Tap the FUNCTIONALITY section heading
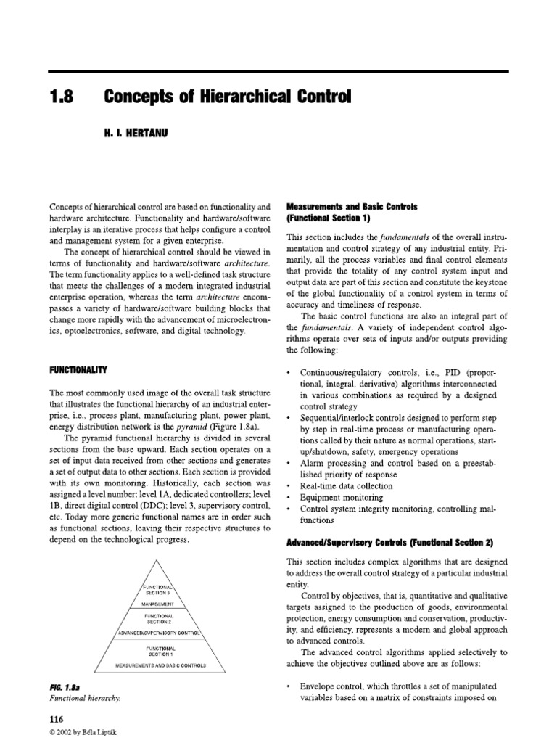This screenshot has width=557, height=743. coord(78,370)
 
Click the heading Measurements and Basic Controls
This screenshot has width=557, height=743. coord(352,207)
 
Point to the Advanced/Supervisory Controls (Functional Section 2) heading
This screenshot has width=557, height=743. coord(401,543)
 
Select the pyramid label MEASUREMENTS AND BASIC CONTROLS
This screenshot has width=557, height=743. coord(161,665)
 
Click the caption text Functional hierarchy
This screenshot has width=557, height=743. coord(84,697)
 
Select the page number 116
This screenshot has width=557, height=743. coord(56,718)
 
